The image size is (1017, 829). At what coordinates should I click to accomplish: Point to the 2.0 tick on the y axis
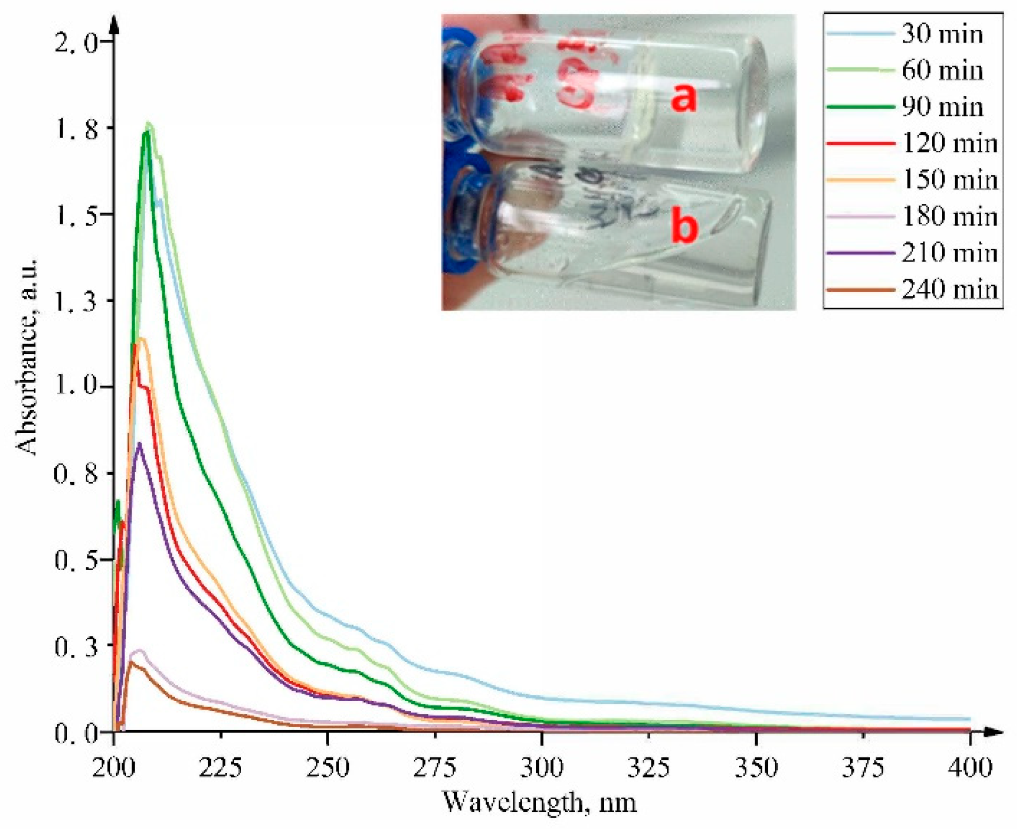click(77, 42)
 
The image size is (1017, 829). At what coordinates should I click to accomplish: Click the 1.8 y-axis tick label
click(77, 128)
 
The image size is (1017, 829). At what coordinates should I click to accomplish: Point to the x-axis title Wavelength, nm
click(539, 802)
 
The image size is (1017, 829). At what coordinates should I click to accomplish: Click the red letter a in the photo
click(683, 99)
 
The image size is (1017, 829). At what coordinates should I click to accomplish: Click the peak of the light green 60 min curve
click(149, 124)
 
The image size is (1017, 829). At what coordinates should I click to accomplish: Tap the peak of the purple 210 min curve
click(140, 444)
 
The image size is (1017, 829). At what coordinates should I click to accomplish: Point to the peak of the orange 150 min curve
click(142, 338)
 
